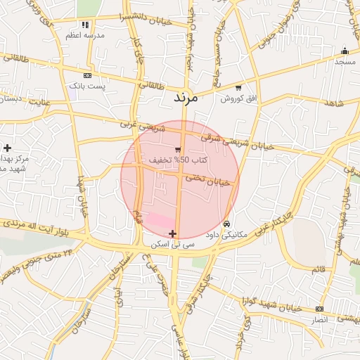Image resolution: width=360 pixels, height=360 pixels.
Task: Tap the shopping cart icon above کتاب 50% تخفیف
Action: (x=179, y=149)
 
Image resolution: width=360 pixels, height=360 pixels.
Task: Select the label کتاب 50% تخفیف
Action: (x=169, y=160)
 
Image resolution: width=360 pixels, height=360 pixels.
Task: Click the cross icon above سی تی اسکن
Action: (x=172, y=233)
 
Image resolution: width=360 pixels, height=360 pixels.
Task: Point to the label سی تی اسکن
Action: (x=172, y=244)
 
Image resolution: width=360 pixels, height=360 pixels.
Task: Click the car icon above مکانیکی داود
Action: (x=226, y=224)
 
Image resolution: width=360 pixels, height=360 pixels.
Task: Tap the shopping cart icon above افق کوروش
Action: (x=239, y=88)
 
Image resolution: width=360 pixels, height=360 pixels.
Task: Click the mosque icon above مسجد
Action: (x=345, y=51)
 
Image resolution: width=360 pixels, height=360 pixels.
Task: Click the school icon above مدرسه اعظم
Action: (x=86, y=25)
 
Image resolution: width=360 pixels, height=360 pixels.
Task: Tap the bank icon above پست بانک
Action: (x=87, y=75)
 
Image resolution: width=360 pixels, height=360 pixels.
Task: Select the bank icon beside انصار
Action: (x=320, y=309)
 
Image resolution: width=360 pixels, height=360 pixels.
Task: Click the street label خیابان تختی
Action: (x=208, y=180)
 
